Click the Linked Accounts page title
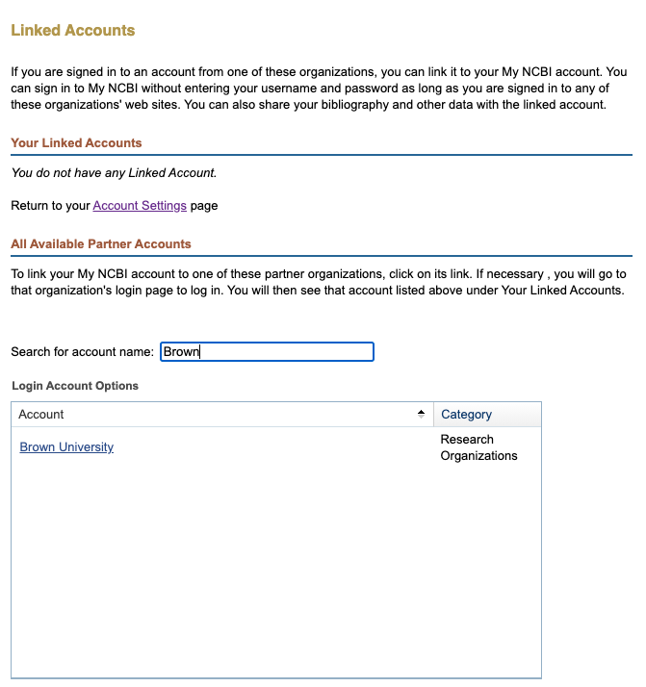(x=73, y=31)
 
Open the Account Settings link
(x=140, y=206)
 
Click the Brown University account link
(x=66, y=447)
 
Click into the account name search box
(x=267, y=352)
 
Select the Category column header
(x=467, y=415)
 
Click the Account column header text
(x=41, y=415)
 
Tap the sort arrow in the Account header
(x=421, y=414)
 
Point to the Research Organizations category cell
(x=478, y=447)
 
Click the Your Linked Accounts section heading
(x=76, y=143)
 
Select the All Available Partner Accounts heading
(x=101, y=244)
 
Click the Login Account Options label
(x=75, y=386)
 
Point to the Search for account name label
(x=82, y=352)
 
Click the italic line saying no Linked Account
(x=114, y=173)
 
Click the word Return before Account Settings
(x=31, y=206)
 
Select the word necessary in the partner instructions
(x=521, y=273)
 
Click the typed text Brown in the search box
(x=181, y=352)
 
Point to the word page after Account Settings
(x=204, y=206)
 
